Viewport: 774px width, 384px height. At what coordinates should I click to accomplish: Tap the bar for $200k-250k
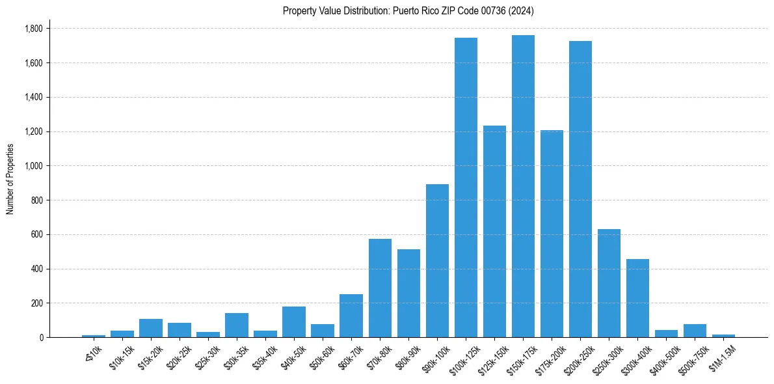pos(580,189)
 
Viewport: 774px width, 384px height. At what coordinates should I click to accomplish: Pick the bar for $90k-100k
pos(437,260)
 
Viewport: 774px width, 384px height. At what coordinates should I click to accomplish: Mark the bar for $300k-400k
pos(637,298)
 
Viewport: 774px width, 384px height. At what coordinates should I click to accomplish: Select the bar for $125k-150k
pos(494,231)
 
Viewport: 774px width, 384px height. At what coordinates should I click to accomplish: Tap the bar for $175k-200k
pos(552,234)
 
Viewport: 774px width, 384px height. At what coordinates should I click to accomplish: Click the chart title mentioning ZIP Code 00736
pos(408,10)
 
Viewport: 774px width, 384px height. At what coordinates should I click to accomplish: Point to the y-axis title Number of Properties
pos(10,179)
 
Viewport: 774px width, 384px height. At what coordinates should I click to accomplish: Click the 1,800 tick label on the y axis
pos(34,29)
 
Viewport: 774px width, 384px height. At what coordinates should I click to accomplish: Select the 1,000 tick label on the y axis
pos(34,166)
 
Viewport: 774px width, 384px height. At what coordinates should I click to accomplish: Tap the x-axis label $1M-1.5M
pos(721,355)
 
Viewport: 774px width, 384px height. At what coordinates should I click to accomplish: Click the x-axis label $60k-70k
pos(349,355)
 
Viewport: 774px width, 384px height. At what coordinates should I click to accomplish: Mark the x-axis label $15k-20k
pos(149,355)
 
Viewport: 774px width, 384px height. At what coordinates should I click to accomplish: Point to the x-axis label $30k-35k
pos(235,355)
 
